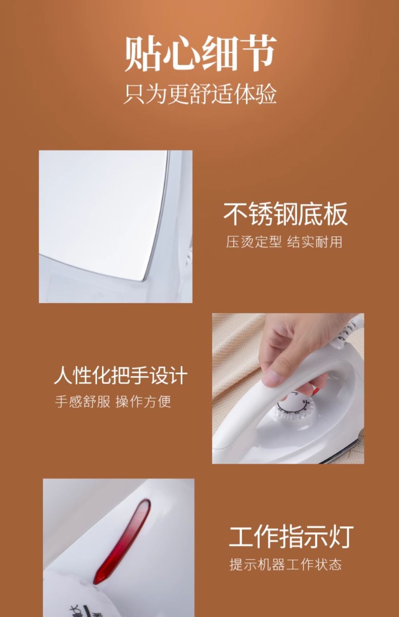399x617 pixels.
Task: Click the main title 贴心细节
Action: (200, 53)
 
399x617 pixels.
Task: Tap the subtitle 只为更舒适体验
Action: (200, 94)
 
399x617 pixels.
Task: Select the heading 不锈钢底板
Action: (285, 214)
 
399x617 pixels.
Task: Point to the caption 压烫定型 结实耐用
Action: (284, 242)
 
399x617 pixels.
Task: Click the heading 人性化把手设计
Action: (120, 375)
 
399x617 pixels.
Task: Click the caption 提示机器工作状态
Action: (286, 564)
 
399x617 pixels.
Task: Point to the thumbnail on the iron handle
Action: (272, 378)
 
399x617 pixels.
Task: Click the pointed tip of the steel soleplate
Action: (143, 281)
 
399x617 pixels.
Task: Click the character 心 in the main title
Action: (181, 53)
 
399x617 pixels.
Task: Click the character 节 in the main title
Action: (258, 53)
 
